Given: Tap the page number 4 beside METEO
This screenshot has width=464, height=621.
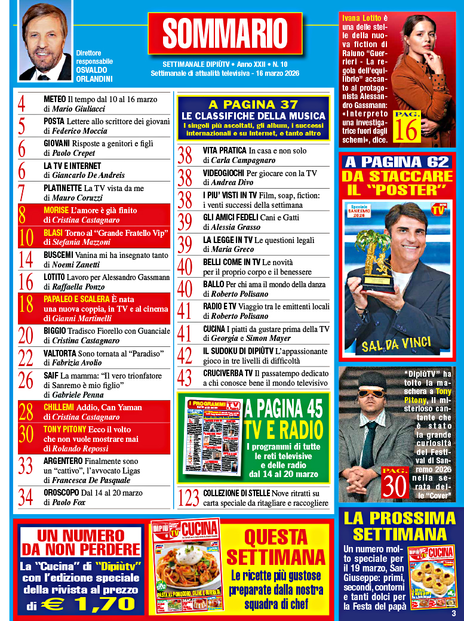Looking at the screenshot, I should [22, 104].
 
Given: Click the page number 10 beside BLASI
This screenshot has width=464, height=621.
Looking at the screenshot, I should [26, 237].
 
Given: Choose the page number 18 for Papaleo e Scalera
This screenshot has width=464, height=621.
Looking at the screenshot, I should [26, 305].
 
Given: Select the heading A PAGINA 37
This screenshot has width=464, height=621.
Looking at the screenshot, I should [253, 105].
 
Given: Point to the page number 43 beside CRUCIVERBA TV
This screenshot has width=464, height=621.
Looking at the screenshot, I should [185, 377].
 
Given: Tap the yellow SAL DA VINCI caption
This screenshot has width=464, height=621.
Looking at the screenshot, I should [397, 344].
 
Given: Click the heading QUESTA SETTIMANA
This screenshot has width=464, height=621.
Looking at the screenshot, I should [276, 548].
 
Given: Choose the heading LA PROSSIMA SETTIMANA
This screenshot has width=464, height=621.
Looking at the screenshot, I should [400, 525].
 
